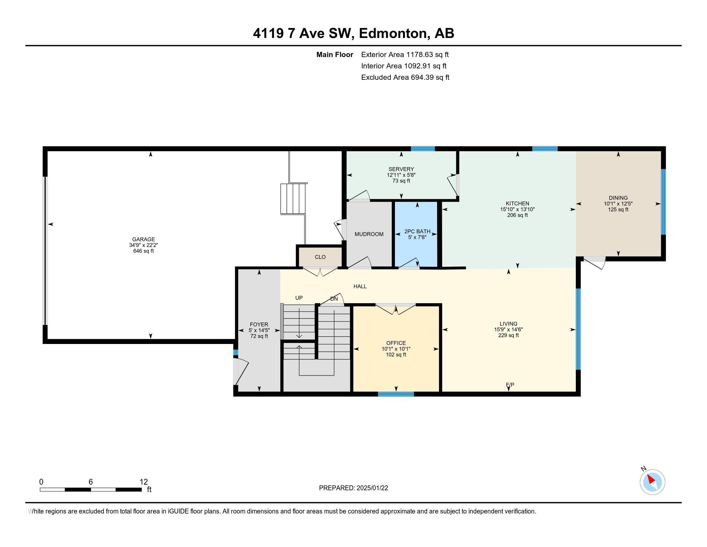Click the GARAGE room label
143,239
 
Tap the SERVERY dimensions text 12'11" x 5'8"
401,175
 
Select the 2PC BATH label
417,231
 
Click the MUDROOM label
369,234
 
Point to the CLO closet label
320,257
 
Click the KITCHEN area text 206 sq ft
517,215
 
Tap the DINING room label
618,198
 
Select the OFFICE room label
396,343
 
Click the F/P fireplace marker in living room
510,385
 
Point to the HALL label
360,286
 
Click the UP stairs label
299,298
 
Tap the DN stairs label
334,299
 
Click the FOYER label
259,324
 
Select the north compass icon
652,482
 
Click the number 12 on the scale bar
143,482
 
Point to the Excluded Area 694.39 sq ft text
405,78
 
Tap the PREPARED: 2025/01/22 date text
353,488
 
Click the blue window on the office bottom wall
396,394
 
